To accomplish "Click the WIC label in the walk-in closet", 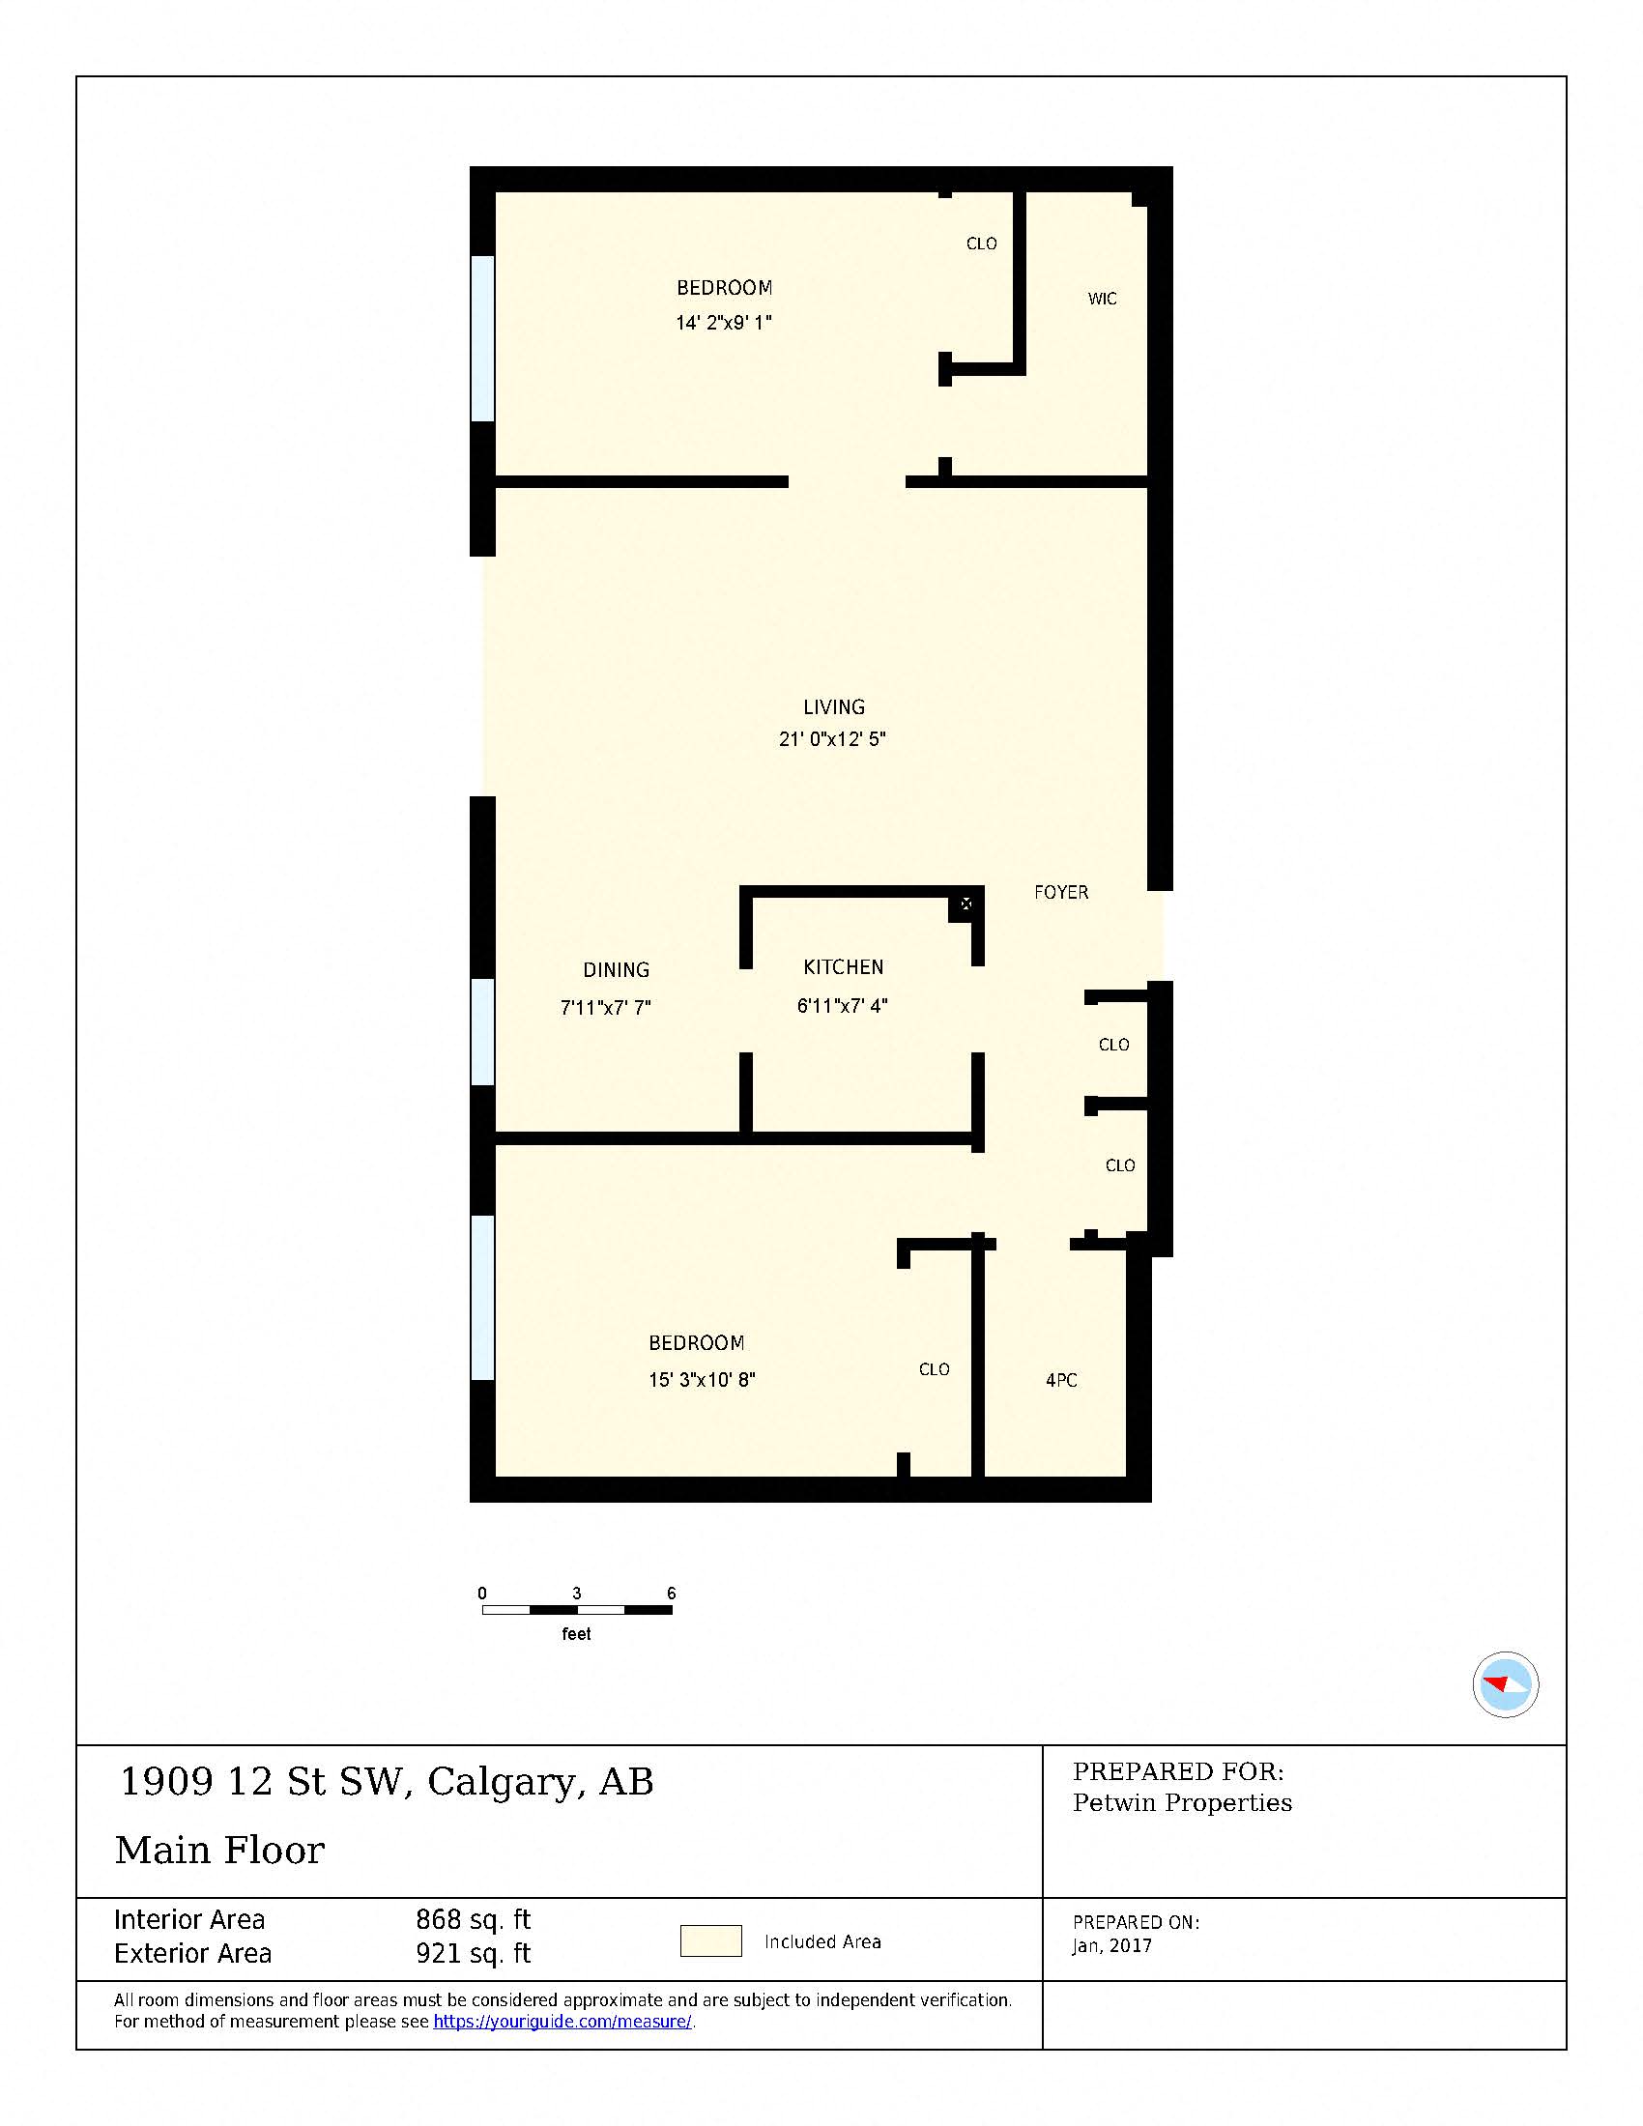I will (x=1102, y=299).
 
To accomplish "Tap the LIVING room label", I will (x=833, y=707).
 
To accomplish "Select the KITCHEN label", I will (x=843, y=967).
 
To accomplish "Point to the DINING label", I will (x=617, y=970).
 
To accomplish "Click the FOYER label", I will (x=1061, y=893).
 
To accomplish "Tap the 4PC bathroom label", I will (x=1061, y=1380).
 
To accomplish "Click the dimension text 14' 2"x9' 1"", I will (x=723, y=323).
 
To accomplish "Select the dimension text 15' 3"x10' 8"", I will (x=702, y=1380).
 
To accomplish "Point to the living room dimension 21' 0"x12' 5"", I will (x=832, y=740).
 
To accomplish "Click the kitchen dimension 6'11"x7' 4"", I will (x=842, y=1006).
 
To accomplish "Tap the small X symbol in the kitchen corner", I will (x=966, y=905).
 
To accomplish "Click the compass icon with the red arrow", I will (x=1505, y=1684).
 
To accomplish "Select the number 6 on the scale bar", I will (x=671, y=1594).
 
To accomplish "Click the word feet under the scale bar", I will (x=576, y=1634).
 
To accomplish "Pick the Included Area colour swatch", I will (x=710, y=1941).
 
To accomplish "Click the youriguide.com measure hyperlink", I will (x=562, y=2022).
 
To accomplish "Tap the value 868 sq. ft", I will (x=473, y=1919).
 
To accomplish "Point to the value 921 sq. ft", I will (x=473, y=1954).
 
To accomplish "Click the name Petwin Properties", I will (x=1182, y=1803).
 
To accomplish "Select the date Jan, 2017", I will (x=1111, y=1946).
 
